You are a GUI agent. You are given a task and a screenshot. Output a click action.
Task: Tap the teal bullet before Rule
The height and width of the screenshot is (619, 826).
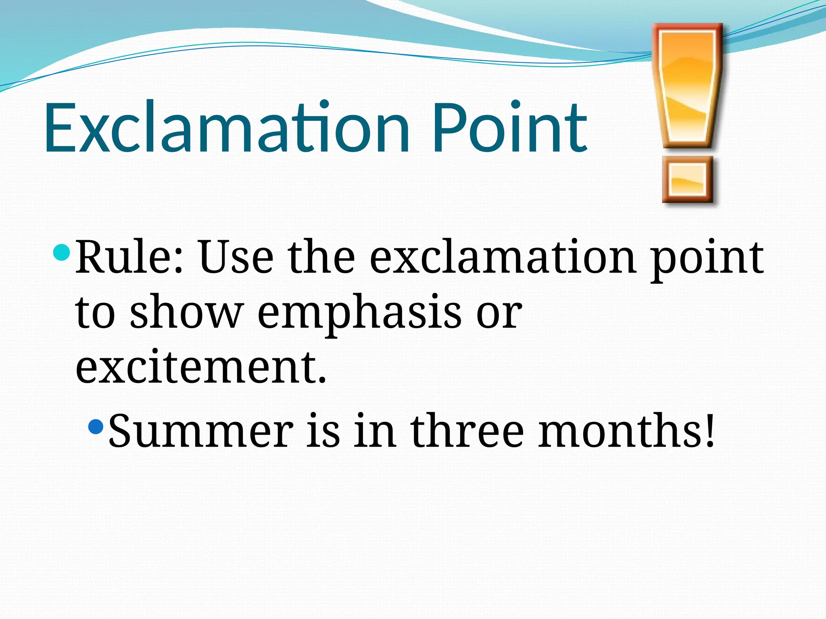61,253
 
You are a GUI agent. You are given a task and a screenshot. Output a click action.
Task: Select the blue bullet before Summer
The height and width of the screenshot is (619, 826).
96,426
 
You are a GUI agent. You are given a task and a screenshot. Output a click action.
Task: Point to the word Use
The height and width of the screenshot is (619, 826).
236,257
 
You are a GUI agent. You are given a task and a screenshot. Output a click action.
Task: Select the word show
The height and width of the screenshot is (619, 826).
186,312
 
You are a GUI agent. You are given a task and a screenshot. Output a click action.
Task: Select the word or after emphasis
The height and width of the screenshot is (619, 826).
499,314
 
